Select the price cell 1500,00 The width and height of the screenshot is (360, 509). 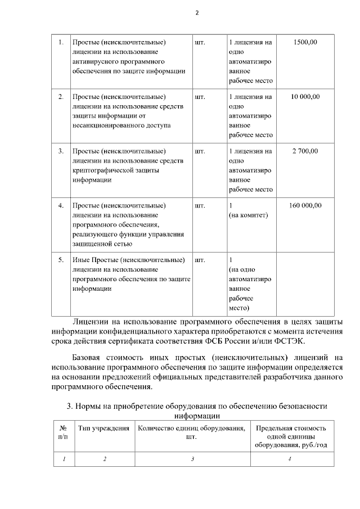click(x=305, y=42)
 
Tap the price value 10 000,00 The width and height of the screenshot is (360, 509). click(x=305, y=97)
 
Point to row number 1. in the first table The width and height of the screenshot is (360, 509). click(x=61, y=42)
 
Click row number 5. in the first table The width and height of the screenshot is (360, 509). click(x=61, y=260)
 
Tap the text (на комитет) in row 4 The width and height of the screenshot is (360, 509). click(x=247, y=215)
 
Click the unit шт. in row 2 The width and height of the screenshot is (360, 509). click(x=199, y=97)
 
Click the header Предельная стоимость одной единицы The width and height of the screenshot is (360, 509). click(x=291, y=433)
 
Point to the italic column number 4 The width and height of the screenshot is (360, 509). click(x=290, y=458)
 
